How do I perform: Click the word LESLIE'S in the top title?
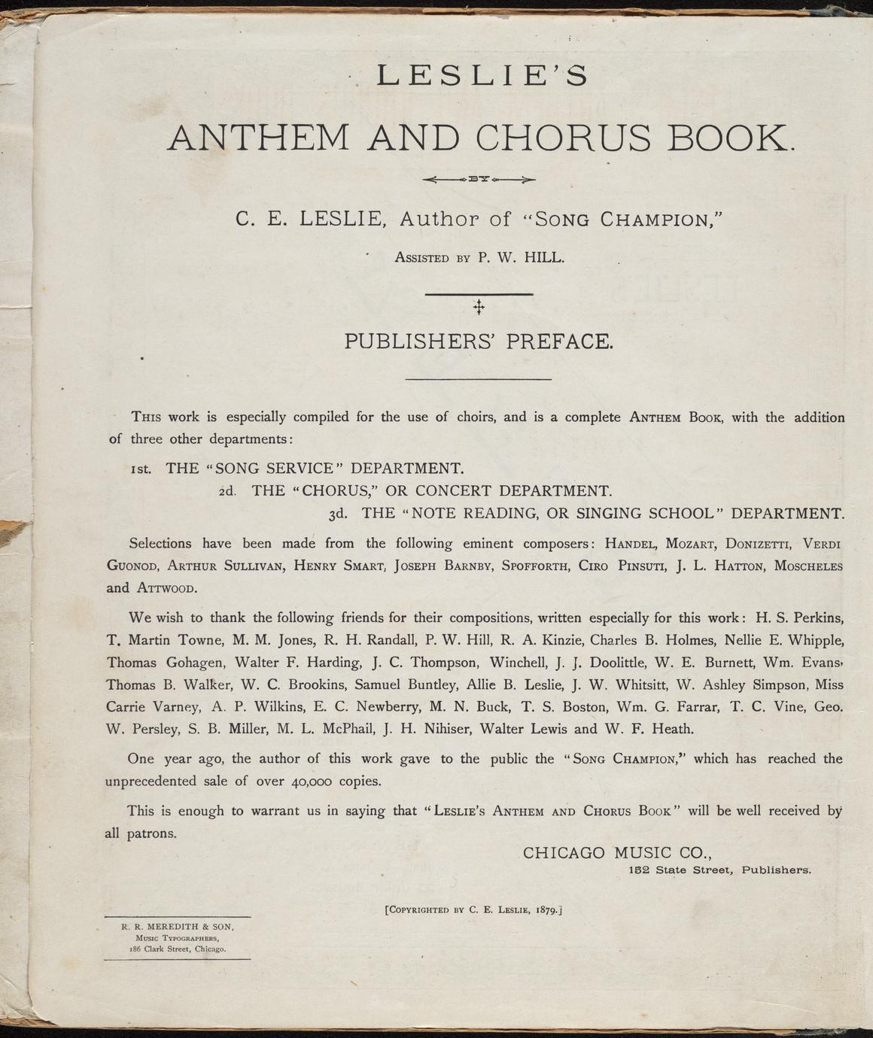[x=481, y=76]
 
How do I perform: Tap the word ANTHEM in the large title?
[x=258, y=138]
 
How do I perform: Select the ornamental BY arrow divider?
[x=479, y=180]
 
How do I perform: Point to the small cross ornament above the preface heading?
[x=478, y=307]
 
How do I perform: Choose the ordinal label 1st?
[x=141, y=469]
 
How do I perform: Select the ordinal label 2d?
[x=228, y=492]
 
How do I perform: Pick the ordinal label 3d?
[x=339, y=514]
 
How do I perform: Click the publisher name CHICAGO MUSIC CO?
[x=616, y=853]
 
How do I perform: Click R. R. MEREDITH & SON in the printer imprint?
[x=178, y=926]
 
